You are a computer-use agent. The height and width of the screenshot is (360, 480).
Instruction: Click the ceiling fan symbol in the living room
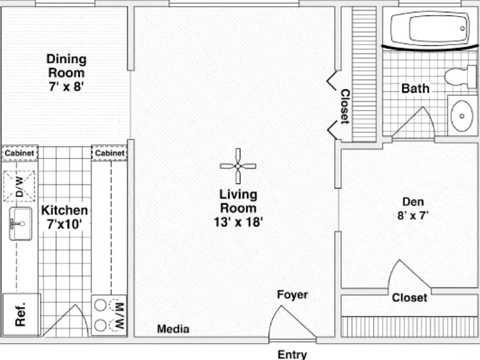[x=238, y=166]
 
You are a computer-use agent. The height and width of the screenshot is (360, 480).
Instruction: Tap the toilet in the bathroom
[x=460, y=76]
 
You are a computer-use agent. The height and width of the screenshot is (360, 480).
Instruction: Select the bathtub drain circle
[x=462, y=29]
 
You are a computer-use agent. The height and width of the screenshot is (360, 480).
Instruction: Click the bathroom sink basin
[x=462, y=116]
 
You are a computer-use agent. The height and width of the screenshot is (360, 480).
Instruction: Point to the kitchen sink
[x=21, y=224]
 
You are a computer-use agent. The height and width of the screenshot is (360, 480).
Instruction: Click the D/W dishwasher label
[x=19, y=186]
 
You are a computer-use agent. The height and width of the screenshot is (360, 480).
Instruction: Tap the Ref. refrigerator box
[x=21, y=314]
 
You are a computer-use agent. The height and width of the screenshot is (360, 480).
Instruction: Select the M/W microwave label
[x=119, y=315]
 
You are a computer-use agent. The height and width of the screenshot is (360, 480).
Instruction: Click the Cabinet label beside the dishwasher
[x=19, y=152]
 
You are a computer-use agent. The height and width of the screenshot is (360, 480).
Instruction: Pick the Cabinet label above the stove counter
[x=109, y=152]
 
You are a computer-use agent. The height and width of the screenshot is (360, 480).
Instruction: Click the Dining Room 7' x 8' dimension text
[x=66, y=86]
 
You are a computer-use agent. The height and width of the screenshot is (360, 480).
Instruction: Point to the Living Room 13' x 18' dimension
[x=238, y=222]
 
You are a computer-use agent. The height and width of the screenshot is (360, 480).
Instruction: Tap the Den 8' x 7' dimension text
[x=412, y=216]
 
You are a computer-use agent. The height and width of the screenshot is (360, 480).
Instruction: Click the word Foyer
[x=292, y=294]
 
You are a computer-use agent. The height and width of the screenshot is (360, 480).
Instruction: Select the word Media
[x=173, y=329]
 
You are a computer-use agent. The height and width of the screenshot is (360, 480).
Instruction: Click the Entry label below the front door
[x=292, y=354]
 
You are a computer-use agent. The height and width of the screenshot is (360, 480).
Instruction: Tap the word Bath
[x=416, y=88]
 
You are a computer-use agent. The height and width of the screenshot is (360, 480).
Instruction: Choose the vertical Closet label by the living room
[x=345, y=106]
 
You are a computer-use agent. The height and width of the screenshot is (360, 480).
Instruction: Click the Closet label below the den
[x=409, y=297]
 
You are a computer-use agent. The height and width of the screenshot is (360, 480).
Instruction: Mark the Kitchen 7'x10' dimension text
[x=64, y=224]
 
